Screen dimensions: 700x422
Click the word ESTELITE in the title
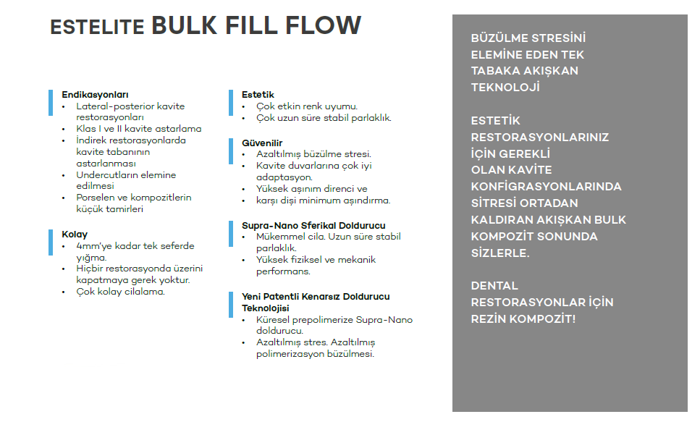(x=97, y=27)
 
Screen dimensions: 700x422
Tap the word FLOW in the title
(x=323, y=25)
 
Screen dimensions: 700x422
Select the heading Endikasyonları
(x=95, y=95)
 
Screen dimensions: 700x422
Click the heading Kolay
(x=75, y=235)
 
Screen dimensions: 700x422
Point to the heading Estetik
(x=258, y=95)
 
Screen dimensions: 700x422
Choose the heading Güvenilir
(x=262, y=143)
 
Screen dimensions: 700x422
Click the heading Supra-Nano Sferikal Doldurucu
(x=313, y=226)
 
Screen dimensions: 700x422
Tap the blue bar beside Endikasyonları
(x=51, y=103)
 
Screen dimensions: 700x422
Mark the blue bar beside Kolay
(x=51, y=242)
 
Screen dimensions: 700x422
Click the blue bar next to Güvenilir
(x=231, y=151)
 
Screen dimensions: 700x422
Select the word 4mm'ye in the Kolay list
(x=94, y=246)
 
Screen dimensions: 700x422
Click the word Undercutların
(x=107, y=175)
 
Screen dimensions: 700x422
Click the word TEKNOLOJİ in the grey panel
(x=505, y=87)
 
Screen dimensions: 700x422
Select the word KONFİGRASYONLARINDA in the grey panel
(x=546, y=187)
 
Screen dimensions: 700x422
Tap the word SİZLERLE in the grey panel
(x=500, y=253)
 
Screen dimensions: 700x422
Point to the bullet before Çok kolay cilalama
(x=64, y=292)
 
